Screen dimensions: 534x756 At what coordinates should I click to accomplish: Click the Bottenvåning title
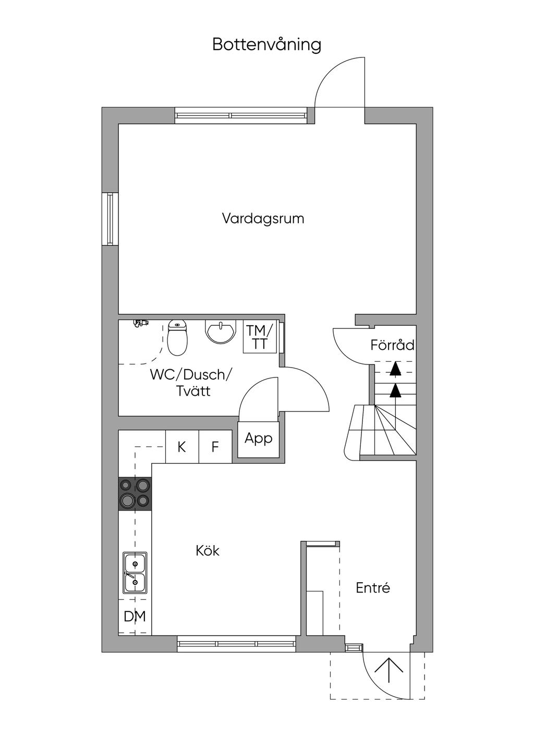tap(266, 44)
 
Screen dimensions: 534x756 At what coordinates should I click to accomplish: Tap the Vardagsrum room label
tap(263, 218)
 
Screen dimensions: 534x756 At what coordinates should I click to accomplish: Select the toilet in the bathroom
tap(177, 337)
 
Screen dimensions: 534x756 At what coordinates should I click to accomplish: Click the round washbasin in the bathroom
tap(220, 332)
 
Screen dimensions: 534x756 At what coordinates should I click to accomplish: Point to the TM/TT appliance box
tap(260, 336)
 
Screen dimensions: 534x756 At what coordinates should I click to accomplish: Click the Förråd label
tap(392, 345)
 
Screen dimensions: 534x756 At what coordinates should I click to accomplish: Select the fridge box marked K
tap(182, 446)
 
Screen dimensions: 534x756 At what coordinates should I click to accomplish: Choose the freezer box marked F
tap(215, 446)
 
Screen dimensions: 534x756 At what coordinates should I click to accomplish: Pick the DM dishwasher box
tap(135, 616)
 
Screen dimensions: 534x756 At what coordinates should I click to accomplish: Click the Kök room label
tap(208, 551)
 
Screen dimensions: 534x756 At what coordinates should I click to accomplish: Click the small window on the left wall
tap(110, 218)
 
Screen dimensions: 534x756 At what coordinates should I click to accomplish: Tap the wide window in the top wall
tap(241, 115)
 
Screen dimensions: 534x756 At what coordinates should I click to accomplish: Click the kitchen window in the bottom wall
tap(236, 644)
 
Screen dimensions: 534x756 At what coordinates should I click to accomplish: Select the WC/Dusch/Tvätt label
tap(191, 383)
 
